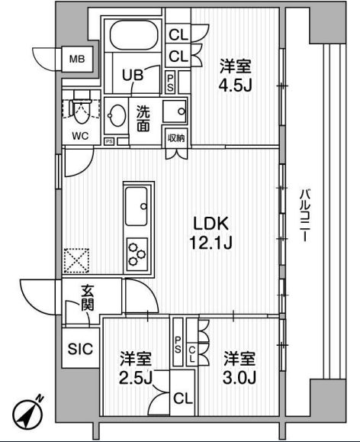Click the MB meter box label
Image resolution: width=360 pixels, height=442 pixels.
click(x=77, y=60)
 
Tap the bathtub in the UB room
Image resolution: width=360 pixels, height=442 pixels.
click(x=133, y=36)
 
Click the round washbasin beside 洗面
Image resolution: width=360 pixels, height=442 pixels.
click(x=117, y=115)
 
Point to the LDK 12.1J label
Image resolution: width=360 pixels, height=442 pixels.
click(x=211, y=233)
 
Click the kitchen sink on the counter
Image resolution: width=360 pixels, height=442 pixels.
click(x=137, y=206)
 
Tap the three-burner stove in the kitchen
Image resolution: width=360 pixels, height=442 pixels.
click(x=137, y=254)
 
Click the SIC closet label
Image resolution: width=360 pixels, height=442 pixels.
click(x=80, y=349)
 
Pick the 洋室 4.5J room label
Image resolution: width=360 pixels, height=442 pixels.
click(x=235, y=76)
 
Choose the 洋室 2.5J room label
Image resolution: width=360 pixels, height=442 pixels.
click(x=136, y=368)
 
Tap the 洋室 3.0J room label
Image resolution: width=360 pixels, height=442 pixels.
click(x=239, y=368)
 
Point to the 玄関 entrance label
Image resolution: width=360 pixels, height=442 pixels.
click(x=87, y=298)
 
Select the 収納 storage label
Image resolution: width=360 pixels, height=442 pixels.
click(x=176, y=138)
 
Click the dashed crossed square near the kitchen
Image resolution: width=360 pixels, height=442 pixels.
click(x=76, y=261)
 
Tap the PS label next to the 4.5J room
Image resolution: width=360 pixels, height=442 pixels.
click(x=170, y=82)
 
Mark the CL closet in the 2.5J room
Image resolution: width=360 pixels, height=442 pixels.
click(x=183, y=398)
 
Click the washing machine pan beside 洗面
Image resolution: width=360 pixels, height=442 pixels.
click(x=175, y=111)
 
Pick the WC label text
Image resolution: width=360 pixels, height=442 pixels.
click(x=80, y=136)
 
